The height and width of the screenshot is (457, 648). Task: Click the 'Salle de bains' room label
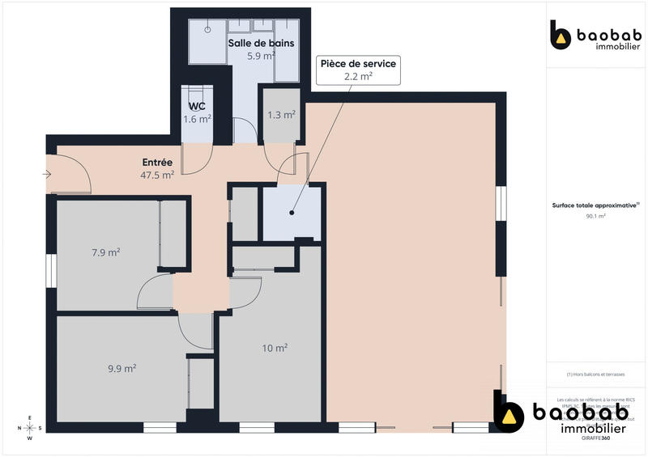[x=260, y=43]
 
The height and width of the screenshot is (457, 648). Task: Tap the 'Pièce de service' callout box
[x=357, y=70]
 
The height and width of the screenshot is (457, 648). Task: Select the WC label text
[x=197, y=107]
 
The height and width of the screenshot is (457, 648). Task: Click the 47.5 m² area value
[x=157, y=175]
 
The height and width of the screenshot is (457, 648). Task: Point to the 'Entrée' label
[x=157, y=163]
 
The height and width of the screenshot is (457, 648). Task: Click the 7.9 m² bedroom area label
[x=105, y=252]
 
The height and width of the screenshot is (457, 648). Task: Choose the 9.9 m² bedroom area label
[x=122, y=368]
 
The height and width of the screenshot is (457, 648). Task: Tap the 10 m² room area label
[x=275, y=348]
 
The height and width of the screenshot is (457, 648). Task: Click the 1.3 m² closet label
[x=281, y=115]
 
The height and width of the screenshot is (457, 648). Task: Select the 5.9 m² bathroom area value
[x=261, y=56]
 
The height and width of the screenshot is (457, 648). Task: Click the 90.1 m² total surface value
[x=595, y=217]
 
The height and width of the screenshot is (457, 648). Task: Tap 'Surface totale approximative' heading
[x=595, y=206]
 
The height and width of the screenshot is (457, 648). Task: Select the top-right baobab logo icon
[x=561, y=37]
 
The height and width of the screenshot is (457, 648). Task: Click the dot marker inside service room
[x=291, y=214]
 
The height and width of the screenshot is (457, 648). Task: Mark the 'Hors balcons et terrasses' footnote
[x=595, y=374]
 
